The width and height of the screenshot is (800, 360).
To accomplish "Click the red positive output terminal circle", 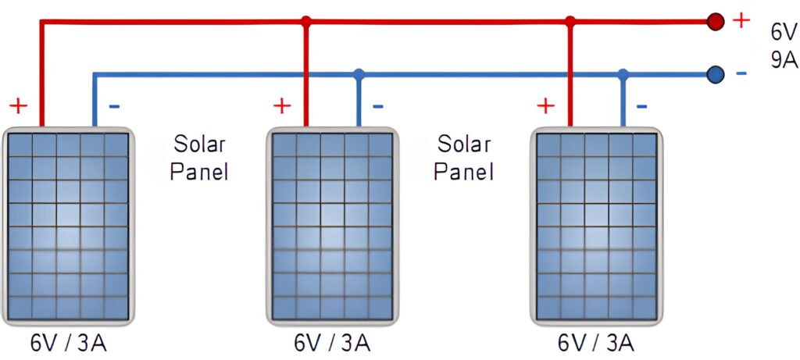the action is tap(716, 21).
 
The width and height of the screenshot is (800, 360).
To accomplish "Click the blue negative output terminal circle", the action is tap(716, 74).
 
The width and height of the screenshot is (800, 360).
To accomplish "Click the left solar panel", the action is tap(68, 226).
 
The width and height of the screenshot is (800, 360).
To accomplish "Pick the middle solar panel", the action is tap(332, 226).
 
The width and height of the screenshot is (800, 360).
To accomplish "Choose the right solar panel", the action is tap(596, 226).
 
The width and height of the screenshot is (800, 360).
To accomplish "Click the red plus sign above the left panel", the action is tap(19, 106).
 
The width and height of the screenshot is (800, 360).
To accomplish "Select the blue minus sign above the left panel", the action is tap(114, 106).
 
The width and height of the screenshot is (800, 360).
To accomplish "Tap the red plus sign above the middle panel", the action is tap(282, 106).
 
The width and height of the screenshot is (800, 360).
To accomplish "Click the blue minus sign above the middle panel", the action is tap(377, 106).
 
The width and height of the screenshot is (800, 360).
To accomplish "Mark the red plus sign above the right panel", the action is tap(546, 106).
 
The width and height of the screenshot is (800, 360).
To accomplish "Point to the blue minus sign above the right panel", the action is tap(642, 106).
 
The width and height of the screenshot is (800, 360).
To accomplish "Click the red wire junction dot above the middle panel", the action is tap(306, 21).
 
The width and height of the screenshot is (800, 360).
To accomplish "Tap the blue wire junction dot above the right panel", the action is tap(623, 74).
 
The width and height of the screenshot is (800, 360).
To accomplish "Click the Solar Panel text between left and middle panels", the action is tap(199, 158).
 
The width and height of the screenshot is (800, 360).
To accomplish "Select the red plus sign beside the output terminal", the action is tap(741, 20).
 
